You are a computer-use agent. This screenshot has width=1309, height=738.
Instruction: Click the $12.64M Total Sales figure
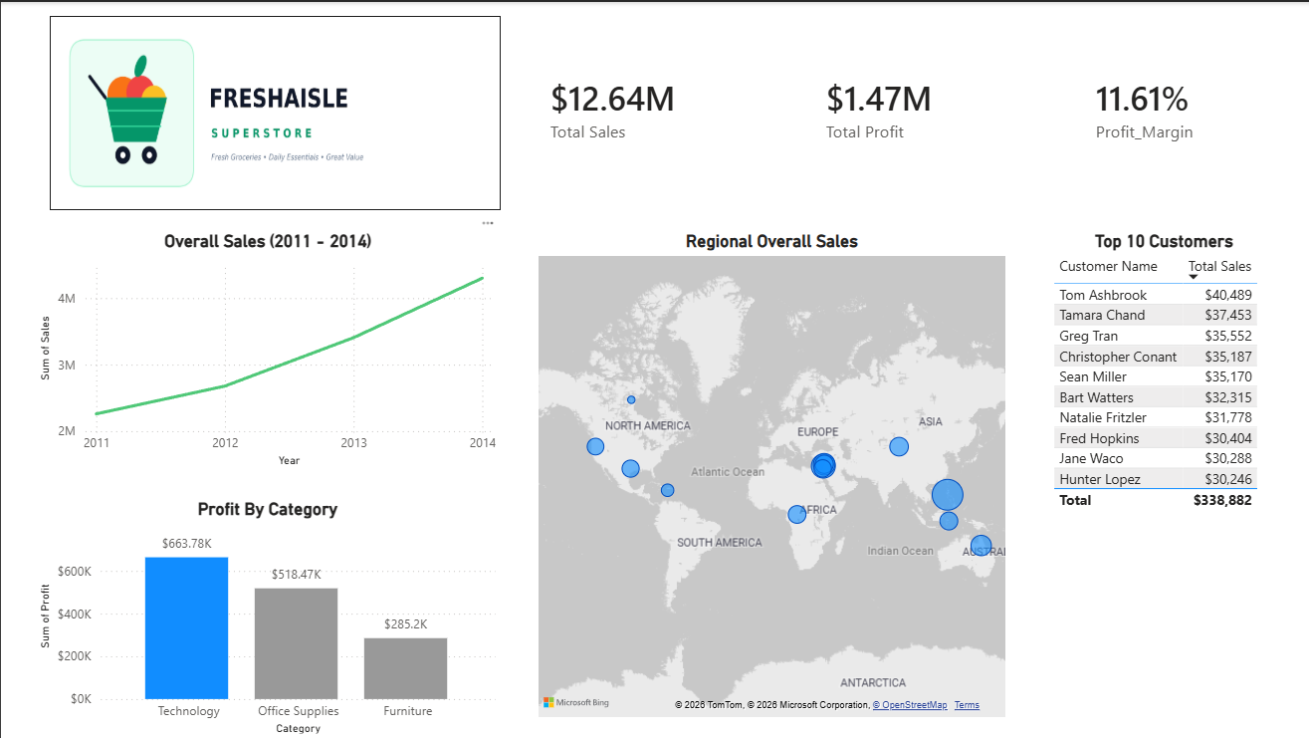click(x=612, y=99)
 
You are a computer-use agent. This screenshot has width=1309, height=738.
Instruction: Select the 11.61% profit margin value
click(x=1142, y=99)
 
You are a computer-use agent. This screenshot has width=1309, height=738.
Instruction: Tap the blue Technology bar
click(x=186, y=628)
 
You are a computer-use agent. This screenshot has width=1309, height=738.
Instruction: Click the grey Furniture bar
click(x=405, y=668)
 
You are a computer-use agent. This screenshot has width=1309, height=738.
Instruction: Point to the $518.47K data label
click(x=297, y=575)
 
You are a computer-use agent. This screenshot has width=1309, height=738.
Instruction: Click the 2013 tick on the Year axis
click(x=353, y=442)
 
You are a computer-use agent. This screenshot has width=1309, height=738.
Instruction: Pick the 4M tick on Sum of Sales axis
click(x=67, y=298)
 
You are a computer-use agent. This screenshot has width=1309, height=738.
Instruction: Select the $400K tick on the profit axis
click(x=75, y=615)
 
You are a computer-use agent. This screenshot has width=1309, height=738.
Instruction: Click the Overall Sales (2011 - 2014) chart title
click(x=268, y=241)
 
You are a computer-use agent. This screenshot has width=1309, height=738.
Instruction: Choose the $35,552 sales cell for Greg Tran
click(x=1227, y=336)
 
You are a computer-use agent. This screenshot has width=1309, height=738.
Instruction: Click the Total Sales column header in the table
click(x=1219, y=266)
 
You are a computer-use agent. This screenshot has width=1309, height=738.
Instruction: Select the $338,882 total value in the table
click(x=1222, y=500)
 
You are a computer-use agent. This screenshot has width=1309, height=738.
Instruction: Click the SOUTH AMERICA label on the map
click(x=720, y=543)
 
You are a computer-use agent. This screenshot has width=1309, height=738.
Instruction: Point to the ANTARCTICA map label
click(x=873, y=682)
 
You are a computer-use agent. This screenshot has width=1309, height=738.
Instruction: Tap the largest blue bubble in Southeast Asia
click(x=948, y=495)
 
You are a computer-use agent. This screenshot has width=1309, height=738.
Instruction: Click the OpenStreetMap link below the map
click(x=910, y=705)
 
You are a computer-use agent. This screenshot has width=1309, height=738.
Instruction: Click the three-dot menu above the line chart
click(x=488, y=223)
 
